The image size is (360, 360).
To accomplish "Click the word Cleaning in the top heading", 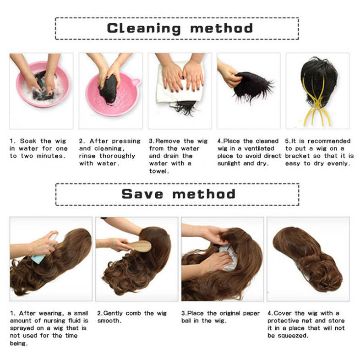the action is pos(144,28).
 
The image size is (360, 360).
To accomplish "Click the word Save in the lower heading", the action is pos(142,194).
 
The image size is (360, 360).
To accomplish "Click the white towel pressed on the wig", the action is pos(179,85).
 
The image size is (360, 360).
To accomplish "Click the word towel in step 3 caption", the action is pos(159,171).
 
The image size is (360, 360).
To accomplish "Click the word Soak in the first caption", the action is pos(28,141).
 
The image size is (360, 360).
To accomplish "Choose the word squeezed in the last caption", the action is pos(293,336).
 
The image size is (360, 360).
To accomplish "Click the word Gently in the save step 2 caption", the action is pos(113,313).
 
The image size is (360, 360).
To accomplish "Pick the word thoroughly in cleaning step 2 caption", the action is pos(117,156).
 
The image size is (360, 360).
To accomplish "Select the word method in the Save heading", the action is pos(204,194).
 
